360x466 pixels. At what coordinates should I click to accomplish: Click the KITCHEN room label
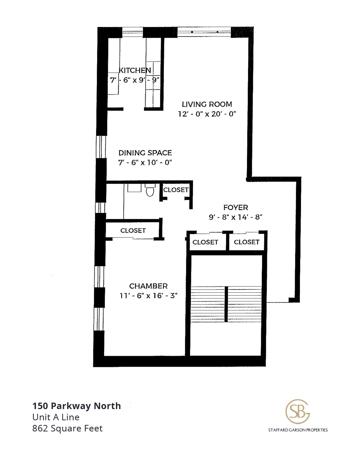point(135,70)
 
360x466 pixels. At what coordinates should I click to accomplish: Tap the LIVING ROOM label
point(207,104)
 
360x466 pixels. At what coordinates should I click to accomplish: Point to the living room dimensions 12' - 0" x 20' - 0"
point(207,114)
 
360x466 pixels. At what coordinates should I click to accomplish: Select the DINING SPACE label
point(145,153)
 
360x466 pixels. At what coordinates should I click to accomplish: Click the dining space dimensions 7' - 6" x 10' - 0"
point(145,162)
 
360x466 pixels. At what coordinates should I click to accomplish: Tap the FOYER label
point(236,207)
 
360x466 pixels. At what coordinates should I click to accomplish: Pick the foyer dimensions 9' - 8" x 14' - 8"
point(236,217)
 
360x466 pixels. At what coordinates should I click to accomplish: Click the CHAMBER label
point(148,286)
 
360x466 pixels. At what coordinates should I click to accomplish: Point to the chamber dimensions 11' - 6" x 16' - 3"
point(148,296)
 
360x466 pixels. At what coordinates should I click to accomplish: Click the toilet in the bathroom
point(150,190)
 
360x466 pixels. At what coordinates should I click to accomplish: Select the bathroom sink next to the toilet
point(134,188)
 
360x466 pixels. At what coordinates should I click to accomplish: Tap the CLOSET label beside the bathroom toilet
point(176,190)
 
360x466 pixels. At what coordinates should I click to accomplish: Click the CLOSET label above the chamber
point(133,230)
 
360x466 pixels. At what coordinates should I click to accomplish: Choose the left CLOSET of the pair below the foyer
point(205,242)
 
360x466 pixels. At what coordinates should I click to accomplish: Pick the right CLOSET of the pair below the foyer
point(247,242)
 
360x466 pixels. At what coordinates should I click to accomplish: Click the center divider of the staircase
point(226,304)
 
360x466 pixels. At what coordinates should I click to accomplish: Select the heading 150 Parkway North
point(76,406)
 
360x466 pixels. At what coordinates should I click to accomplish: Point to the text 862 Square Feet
point(67,429)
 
